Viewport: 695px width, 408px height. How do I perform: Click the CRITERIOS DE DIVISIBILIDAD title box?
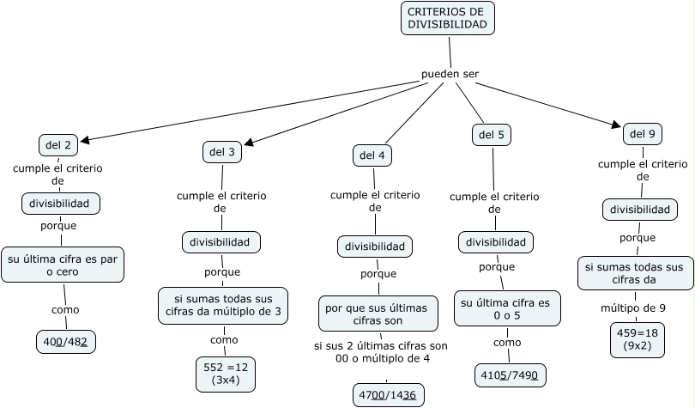(447, 18)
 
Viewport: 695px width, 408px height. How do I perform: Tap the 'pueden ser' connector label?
(450, 74)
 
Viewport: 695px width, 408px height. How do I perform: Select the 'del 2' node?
(58, 144)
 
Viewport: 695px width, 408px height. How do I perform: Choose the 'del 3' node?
(221, 152)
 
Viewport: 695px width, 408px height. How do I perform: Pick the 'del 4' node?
(372, 155)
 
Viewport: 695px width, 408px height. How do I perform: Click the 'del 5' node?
(492, 135)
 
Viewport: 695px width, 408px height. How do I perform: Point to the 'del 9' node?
(643, 133)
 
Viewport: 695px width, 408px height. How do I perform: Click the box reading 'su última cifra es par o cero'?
(63, 264)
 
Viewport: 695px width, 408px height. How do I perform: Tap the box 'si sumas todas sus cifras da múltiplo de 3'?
(221, 304)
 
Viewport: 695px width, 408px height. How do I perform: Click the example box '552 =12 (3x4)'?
(226, 374)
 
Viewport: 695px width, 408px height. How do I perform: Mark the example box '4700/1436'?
(389, 395)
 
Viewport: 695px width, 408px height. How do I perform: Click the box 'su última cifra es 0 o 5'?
(506, 308)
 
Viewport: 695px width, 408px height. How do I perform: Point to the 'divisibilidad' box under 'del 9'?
(640, 210)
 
